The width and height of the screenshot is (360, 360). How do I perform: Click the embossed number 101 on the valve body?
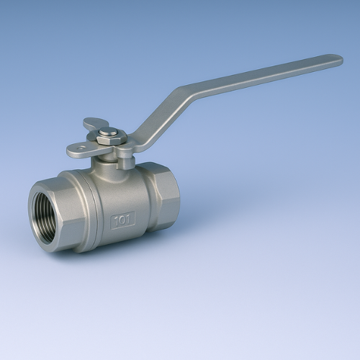[x=123, y=221]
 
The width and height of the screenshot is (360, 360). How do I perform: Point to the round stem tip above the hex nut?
[x=108, y=132]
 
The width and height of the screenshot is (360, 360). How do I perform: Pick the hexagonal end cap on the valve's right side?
[x=163, y=197]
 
